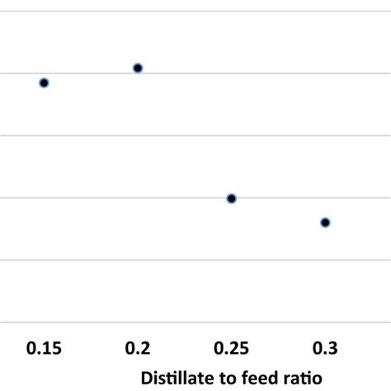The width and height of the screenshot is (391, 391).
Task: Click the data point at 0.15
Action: (45, 82)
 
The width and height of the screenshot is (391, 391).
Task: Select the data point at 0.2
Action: (138, 68)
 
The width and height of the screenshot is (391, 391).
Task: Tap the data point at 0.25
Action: (232, 198)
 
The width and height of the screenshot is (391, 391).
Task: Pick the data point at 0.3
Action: (325, 222)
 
